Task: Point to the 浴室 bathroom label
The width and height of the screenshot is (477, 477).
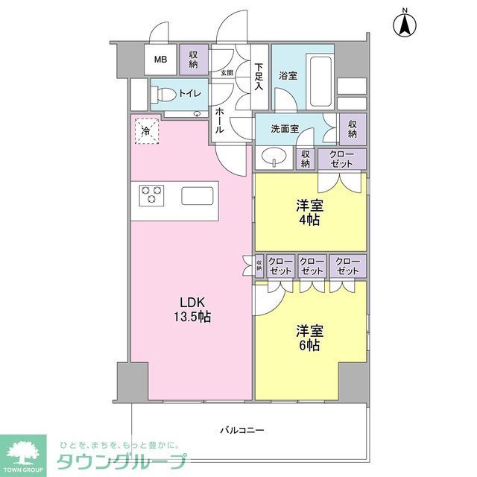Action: pyautogui.click(x=288, y=75)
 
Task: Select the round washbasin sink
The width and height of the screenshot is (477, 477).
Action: pyautogui.click(x=274, y=157)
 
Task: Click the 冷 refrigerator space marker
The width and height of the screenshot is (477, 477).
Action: pyautogui.click(x=146, y=133)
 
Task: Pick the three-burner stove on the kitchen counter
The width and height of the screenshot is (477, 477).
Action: pyautogui.click(x=151, y=195)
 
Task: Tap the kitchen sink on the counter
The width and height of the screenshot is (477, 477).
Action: pyautogui.click(x=198, y=197)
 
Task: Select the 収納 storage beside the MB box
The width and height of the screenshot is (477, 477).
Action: pyautogui.click(x=194, y=59)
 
